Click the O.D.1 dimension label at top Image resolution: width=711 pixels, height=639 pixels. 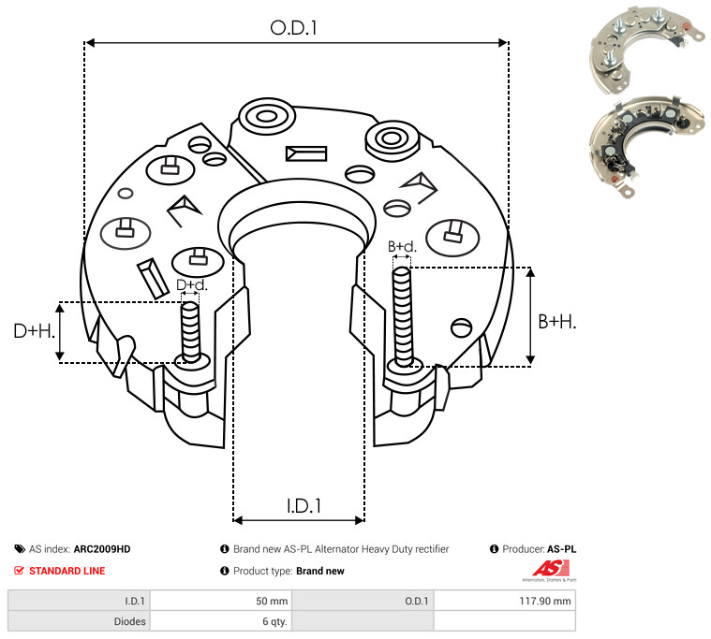(294, 29)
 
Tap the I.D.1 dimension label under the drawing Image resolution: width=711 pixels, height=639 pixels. (304, 506)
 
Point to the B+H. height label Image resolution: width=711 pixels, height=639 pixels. (557, 321)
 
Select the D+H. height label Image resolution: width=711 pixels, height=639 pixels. (35, 330)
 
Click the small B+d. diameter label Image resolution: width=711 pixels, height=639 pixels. (402, 247)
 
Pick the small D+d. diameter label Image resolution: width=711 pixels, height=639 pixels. (191, 284)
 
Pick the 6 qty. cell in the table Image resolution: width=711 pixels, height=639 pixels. (274, 620)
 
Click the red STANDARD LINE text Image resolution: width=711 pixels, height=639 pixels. (67, 571)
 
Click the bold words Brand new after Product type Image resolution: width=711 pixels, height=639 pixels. (319, 571)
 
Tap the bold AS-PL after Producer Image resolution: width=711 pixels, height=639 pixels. (562, 549)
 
